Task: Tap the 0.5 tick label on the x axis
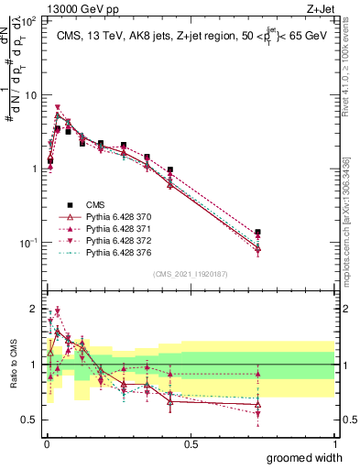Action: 191,444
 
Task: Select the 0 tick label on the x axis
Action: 46,444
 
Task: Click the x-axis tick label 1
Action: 335,444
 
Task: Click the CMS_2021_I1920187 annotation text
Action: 190,272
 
